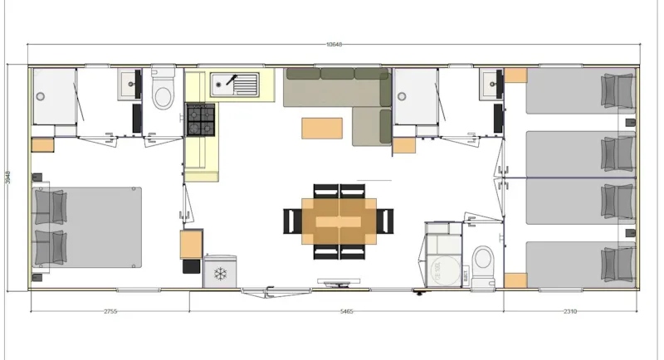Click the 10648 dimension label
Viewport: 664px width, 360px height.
334,44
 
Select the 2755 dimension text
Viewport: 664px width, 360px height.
110,311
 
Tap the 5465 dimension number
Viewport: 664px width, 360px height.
346,311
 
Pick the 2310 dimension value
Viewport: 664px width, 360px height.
570,311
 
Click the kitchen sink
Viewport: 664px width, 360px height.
235,84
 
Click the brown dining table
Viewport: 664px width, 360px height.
339,221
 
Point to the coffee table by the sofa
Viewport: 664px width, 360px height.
322,128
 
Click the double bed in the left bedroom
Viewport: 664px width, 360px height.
87,226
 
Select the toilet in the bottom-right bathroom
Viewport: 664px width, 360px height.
482,256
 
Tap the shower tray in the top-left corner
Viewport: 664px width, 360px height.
55,96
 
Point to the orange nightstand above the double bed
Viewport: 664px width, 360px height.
42,145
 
